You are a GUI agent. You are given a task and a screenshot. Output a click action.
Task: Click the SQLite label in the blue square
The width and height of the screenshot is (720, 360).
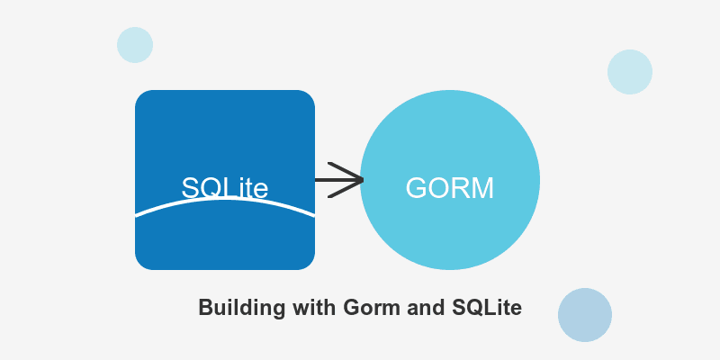pyautogui.click(x=225, y=187)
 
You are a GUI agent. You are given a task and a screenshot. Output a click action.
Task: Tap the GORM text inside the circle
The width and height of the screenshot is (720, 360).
pyautogui.click(x=450, y=187)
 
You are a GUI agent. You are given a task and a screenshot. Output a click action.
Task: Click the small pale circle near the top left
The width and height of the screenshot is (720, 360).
pyautogui.click(x=135, y=45)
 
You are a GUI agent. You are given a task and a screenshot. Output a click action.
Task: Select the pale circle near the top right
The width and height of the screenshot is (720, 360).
pyautogui.click(x=630, y=72)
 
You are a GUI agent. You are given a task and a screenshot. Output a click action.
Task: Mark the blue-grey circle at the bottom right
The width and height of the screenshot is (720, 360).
pyautogui.click(x=585, y=315)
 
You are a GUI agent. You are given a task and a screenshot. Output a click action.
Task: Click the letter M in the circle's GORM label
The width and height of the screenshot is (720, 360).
pyautogui.click(x=482, y=187)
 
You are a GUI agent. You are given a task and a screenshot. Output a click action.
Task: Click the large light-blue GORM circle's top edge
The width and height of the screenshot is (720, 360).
pyautogui.click(x=450, y=92)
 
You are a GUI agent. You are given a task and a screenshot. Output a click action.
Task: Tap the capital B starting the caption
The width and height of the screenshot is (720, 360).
pyautogui.click(x=204, y=307)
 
